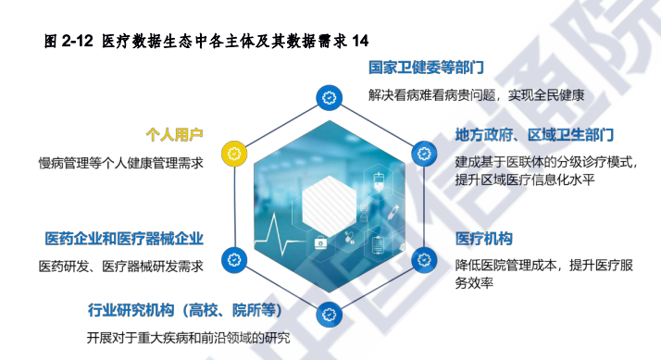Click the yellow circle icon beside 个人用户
tap(233, 151)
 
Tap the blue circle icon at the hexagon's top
tap(327, 95)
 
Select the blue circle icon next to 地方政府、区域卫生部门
tap(421, 151)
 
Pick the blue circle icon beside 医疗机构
tap(421, 260)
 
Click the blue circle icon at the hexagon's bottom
tap(327, 314)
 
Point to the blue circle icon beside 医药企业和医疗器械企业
tap(233, 260)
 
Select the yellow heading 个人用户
tap(174, 133)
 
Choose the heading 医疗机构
tap(483, 239)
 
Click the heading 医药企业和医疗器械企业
tap(124, 239)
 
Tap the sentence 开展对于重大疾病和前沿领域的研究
tap(189, 337)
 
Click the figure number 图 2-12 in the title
tap(69, 41)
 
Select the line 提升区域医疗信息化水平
tap(524, 180)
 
